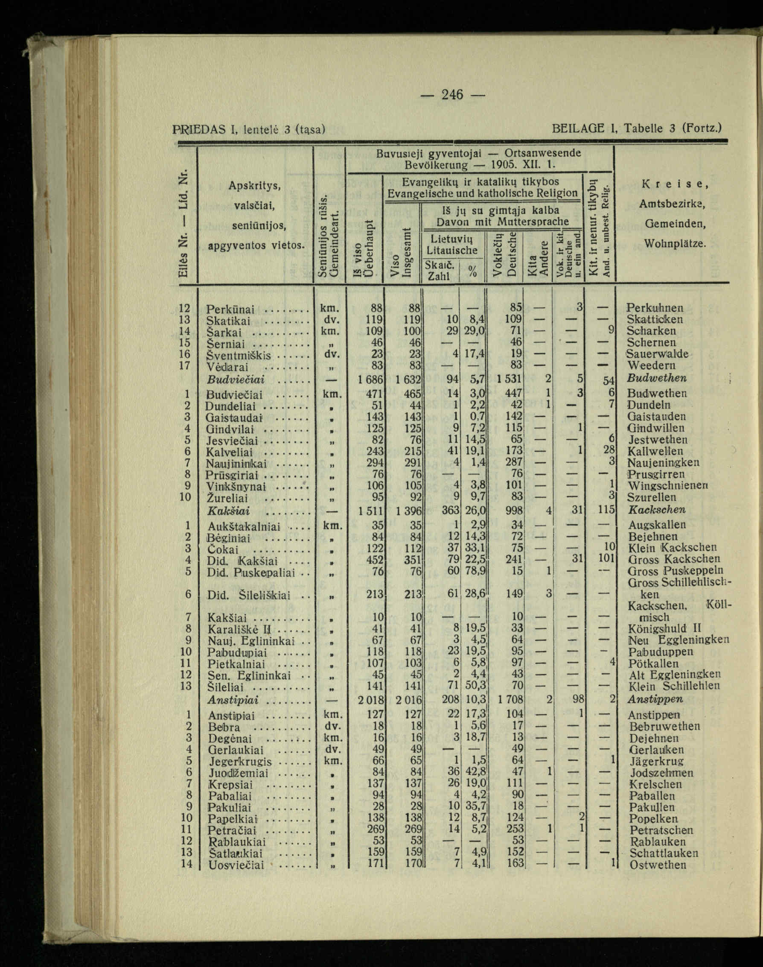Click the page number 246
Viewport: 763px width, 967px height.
(452, 95)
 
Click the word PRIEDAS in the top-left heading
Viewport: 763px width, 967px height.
(200, 130)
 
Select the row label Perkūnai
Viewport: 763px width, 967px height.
(230, 309)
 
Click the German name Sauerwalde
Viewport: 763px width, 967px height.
(657, 354)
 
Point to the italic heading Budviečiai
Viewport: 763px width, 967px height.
(236, 380)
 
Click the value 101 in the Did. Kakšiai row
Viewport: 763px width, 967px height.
(605, 559)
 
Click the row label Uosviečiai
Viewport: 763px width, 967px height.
(236, 865)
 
